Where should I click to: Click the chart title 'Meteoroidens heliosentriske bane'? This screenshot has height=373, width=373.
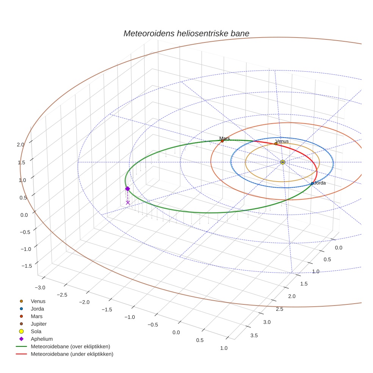[186, 33]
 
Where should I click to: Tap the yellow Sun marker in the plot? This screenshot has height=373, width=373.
[283, 162]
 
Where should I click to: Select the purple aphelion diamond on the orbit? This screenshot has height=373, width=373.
[127, 189]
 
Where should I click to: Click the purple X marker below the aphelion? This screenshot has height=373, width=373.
[128, 203]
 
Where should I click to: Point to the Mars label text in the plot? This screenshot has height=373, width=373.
[224, 139]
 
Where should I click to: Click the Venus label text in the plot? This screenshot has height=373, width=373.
[282, 141]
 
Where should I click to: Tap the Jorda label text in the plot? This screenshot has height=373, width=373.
[320, 183]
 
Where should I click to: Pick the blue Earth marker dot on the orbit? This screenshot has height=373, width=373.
[312, 183]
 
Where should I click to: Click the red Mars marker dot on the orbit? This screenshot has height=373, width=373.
[222, 141]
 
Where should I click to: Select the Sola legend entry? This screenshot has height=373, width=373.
[36, 331]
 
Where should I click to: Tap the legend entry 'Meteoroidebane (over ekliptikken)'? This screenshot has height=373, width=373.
[70, 346]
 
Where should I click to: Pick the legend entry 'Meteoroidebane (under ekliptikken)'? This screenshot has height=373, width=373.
[72, 354]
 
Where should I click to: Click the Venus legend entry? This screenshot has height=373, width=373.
[38, 301]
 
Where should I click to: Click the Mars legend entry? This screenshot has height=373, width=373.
[37, 316]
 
